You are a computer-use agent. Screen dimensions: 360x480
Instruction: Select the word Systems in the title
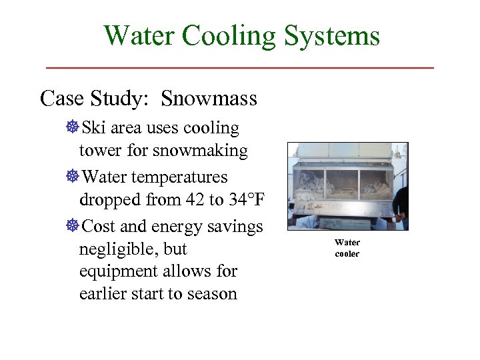[332, 35]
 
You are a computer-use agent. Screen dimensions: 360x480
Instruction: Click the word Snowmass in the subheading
[209, 99]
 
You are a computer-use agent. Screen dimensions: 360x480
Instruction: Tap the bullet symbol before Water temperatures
[73, 177]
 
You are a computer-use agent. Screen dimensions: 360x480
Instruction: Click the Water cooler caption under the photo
[347, 248]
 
